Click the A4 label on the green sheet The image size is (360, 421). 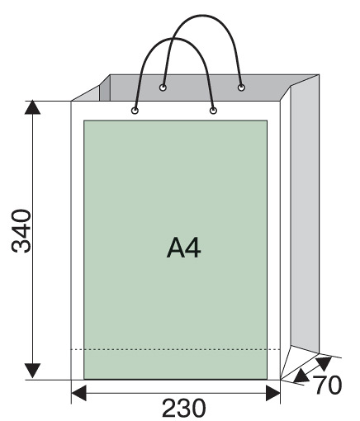(183, 248)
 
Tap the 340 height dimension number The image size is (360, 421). (21, 231)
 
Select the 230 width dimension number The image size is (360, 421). (183, 409)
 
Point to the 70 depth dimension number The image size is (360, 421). (328, 385)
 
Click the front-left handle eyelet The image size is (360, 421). (135, 111)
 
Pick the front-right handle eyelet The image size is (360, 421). (213, 111)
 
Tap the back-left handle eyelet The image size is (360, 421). (163, 88)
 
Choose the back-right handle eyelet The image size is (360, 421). (241, 88)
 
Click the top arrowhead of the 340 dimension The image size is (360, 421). (32, 107)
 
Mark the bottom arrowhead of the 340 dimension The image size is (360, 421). (32, 371)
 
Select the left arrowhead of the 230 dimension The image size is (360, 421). (79, 393)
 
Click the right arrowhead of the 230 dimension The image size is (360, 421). (273, 393)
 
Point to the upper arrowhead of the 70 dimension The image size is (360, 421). (324, 362)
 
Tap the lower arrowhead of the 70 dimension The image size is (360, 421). (301, 376)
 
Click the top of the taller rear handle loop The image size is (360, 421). (202, 16)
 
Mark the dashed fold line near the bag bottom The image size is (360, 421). (176, 349)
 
